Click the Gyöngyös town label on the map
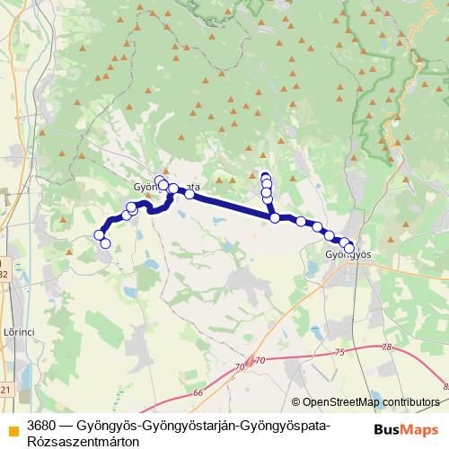point(347,256)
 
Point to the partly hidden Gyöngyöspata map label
point(165,188)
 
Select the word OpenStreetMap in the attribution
point(340,402)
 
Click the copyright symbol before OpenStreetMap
point(296,402)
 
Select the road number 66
point(198,392)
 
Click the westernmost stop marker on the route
point(99,235)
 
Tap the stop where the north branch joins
point(275,217)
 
